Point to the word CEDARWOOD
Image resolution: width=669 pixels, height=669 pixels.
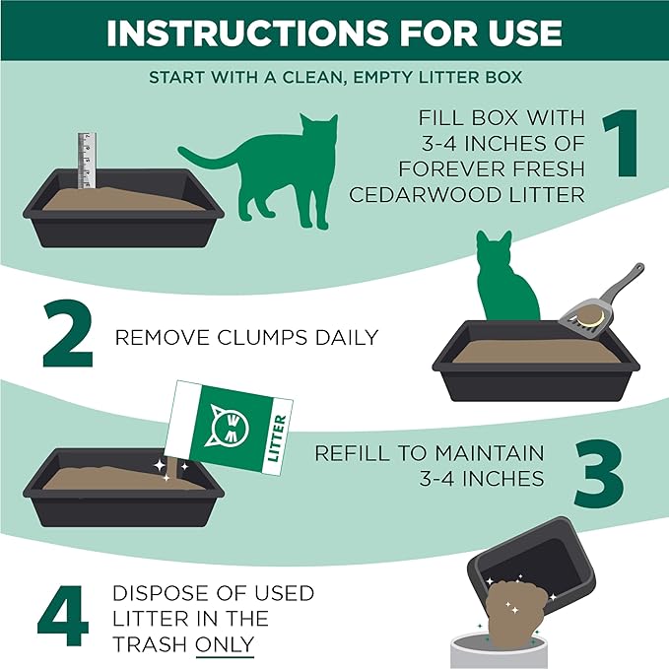pyautogui.click(x=414, y=195)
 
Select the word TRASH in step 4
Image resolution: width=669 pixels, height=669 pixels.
pyautogui.click(x=149, y=644)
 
